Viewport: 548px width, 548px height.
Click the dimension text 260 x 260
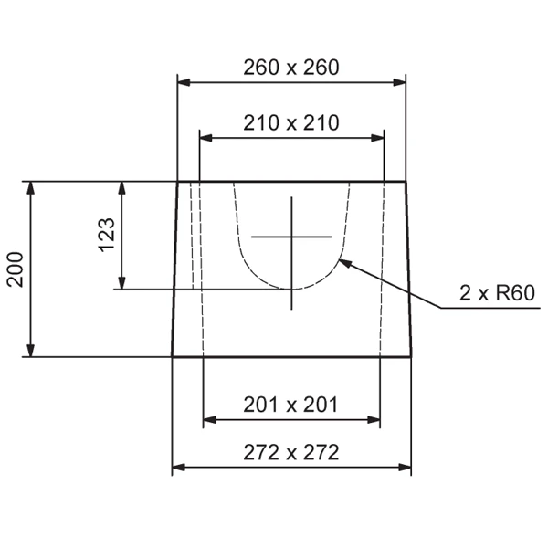(x=291, y=68)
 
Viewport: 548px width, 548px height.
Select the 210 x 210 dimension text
(x=291, y=122)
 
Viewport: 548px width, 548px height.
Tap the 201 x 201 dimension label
(x=291, y=405)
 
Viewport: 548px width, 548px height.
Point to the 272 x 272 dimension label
(x=291, y=452)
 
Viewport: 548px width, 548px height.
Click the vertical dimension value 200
(x=16, y=269)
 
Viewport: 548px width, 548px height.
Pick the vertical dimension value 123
(x=106, y=236)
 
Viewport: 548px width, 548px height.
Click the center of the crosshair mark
(x=292, y=237)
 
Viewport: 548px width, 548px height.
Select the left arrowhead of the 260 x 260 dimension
(x=183, y=82)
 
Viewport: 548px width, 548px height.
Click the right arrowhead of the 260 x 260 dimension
(x=400, y=82)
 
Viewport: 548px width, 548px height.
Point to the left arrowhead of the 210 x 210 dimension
(x=205, y=138)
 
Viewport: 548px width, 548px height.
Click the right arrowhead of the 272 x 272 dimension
(x=405, y=468)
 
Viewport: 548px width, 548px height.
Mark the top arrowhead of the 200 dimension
(x=32, y=188)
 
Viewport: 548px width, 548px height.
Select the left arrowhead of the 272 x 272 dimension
(x=178, y=468)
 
